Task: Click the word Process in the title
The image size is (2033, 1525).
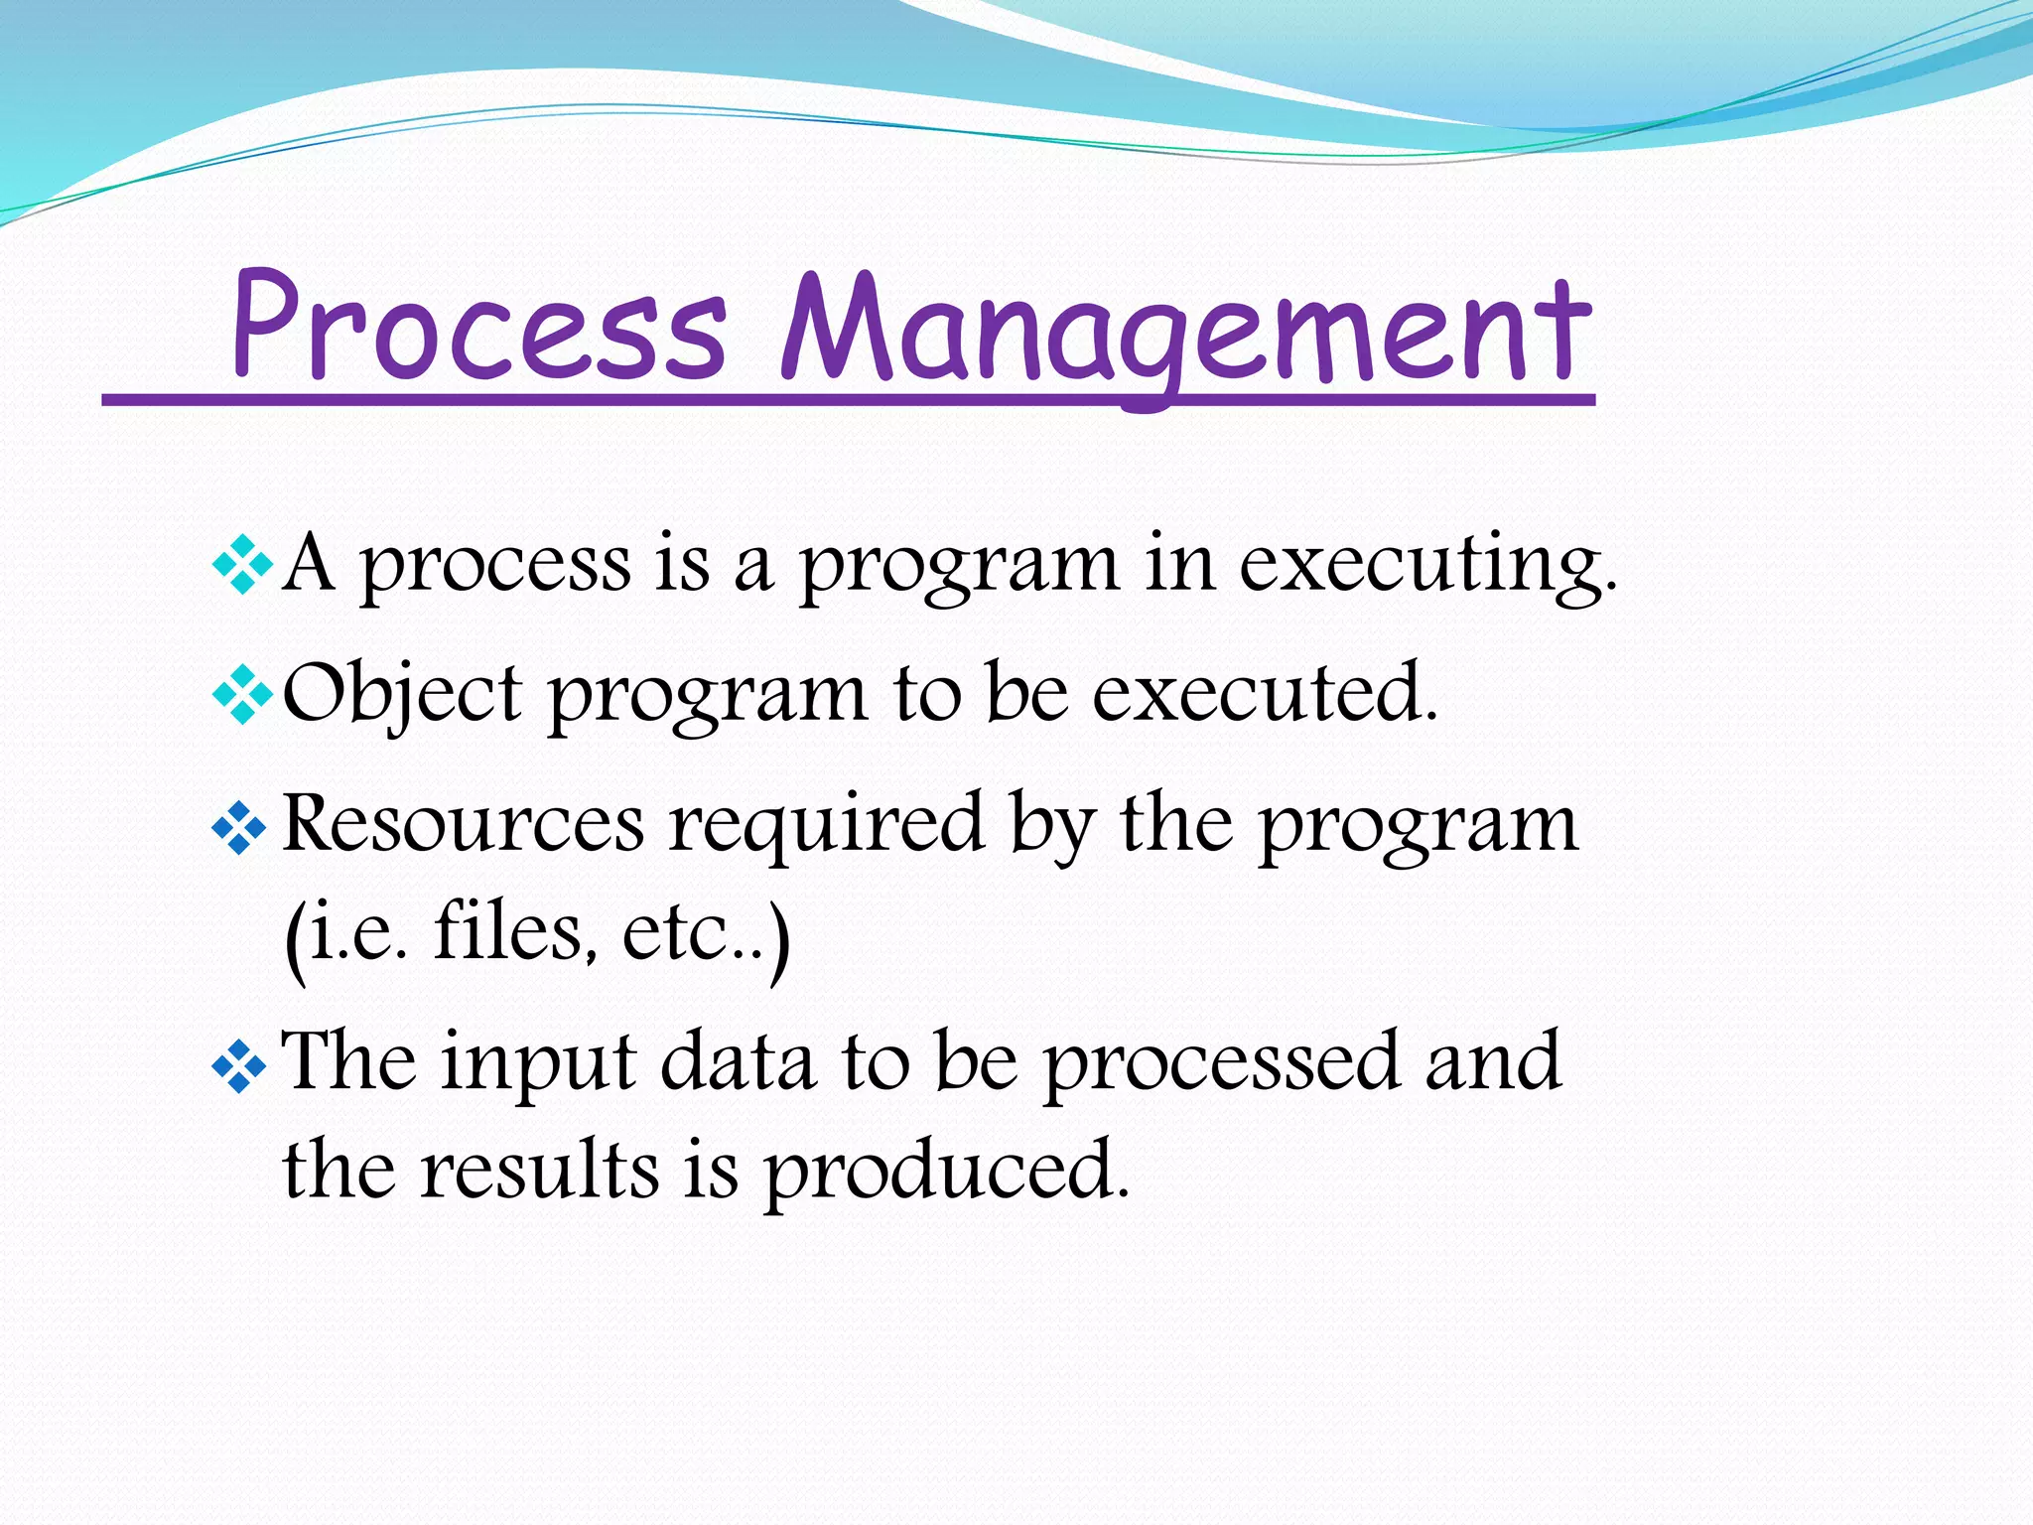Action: point(479,328)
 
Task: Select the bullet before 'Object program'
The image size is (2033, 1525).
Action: point(241,696)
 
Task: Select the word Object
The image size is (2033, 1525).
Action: point(401,695)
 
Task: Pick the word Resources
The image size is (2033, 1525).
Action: point(463,824)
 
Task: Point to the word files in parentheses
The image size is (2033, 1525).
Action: point(515,933)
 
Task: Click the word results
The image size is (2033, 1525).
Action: point(539,1171)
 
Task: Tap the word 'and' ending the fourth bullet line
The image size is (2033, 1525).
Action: point(1493,1062)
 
